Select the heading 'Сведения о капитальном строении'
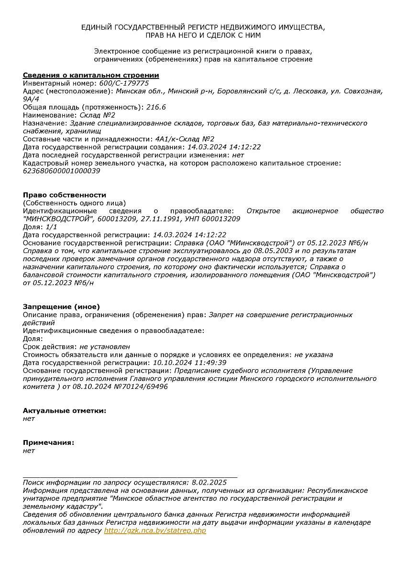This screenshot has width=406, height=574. (x=91, y=75)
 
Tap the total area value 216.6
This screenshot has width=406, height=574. (x=155, y=107)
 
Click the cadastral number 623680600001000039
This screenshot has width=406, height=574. (x=62, y=171)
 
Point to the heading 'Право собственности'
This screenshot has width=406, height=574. (x=65, y=195)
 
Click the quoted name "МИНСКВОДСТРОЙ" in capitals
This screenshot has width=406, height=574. (x=57, y=219)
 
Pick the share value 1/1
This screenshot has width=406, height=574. (x=51, y=227)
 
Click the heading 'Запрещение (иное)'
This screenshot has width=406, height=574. (x=61, y=307)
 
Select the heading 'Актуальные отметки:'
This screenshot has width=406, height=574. (x=65, y=410)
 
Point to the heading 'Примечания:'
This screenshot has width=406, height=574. (x=48, y=442)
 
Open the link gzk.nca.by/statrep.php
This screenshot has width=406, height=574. (x=155, y=530)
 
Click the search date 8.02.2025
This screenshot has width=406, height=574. (x=209, y=483)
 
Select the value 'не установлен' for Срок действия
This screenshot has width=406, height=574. (x=105, y=347)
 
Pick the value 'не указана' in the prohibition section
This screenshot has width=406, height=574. (x=314, y=354)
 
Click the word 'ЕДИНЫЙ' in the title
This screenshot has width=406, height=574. (x=97, y=27)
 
